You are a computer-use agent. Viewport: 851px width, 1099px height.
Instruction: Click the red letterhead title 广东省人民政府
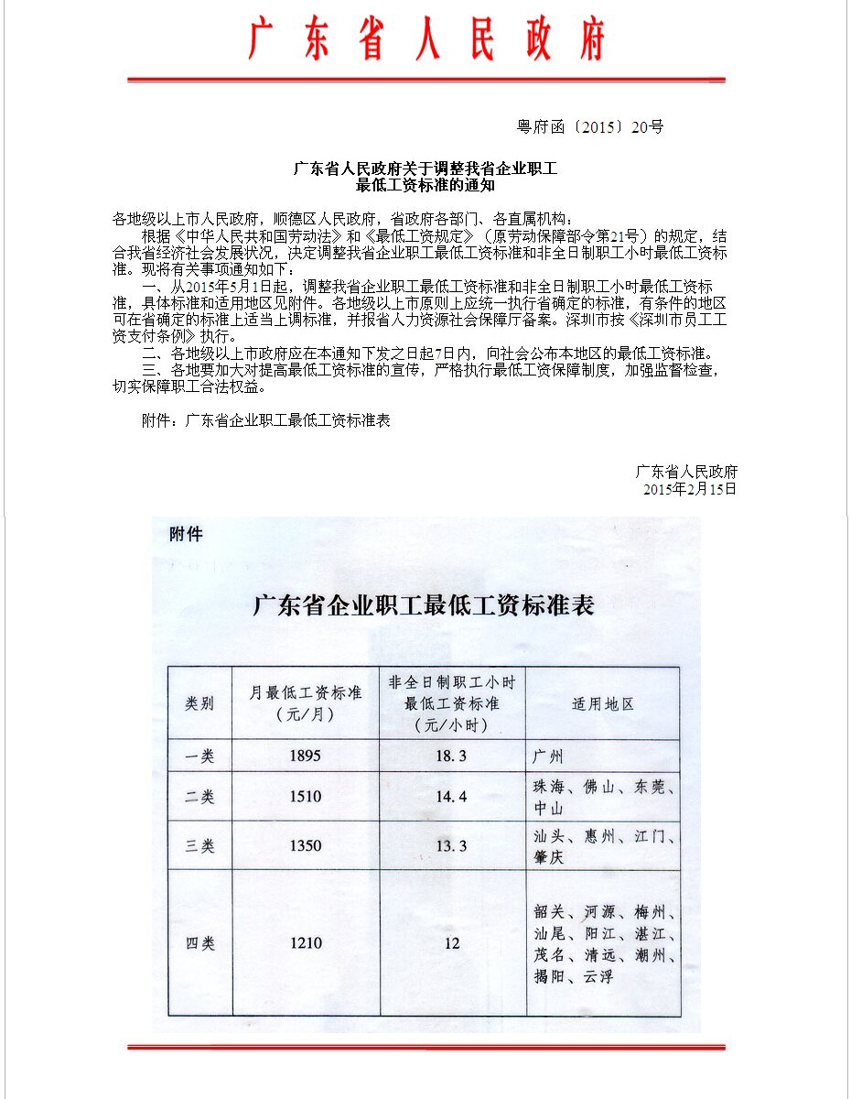point(426,39)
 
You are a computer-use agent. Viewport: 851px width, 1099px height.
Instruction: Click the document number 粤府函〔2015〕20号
point(590,127)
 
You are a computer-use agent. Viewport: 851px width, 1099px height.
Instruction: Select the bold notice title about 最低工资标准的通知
point(425,177)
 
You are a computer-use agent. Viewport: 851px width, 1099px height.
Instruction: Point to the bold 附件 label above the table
point(186,534)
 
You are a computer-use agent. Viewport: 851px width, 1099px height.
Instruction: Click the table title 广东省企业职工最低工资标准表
point(424,605)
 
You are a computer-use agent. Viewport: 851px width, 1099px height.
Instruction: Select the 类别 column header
point(199,703)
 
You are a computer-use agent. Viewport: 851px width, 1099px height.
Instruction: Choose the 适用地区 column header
point(602,703)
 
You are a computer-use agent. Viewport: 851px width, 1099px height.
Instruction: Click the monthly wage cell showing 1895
point(306,756)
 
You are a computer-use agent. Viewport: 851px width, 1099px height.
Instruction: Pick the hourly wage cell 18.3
point(451,756)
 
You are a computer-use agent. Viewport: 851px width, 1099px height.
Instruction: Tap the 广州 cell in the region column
point(548,756)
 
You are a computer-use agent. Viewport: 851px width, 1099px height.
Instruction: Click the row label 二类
point(199,797)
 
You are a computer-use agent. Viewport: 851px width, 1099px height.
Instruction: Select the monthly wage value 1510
point(306,797)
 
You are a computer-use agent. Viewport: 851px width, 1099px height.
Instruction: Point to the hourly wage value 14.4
point(451,797)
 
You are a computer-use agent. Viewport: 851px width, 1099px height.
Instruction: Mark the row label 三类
point(199,846)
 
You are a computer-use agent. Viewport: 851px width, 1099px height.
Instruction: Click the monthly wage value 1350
point(306,846)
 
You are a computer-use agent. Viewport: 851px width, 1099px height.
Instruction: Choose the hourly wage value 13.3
point(451,846)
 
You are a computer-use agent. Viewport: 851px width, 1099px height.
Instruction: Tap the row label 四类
point(199,943)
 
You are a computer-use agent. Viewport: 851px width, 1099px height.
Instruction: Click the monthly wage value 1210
point(306,943)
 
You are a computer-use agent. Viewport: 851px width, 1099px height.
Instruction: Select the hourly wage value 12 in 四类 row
point(451,943)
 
